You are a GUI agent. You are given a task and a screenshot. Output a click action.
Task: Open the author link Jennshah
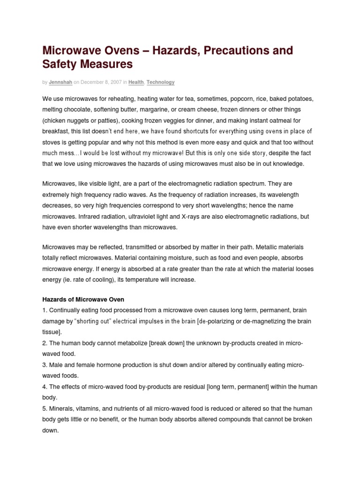pyautogui.click(x=60, y=82)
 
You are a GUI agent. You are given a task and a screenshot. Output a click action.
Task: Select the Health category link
pyautogui.click(x=136, y=82)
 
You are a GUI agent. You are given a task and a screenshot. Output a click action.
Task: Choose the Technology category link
pyautogui.click(x=160, y=82)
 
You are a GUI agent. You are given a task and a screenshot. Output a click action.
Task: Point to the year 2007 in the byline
pyautogui.click(x=116, y=82)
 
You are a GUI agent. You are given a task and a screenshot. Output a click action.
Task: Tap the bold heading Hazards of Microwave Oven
pyautogui.click(x=83, y=300)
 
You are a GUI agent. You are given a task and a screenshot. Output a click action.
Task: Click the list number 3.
pyautogui.click(x=45, y=365)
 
